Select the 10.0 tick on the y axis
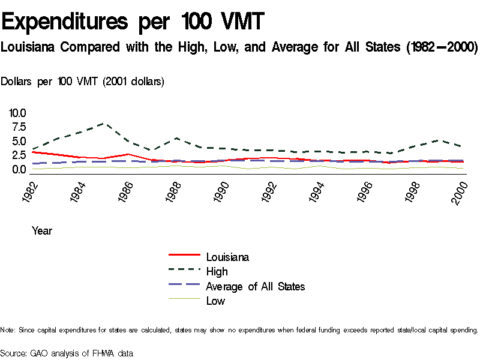17,113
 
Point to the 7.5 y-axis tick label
17,127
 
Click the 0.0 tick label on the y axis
17,170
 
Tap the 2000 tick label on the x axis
460,191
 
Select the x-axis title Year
42,230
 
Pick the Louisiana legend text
227,257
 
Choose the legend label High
217,272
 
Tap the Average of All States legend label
255,286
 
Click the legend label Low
215,301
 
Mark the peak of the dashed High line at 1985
104,123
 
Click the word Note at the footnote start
8,330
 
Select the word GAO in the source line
39,353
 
